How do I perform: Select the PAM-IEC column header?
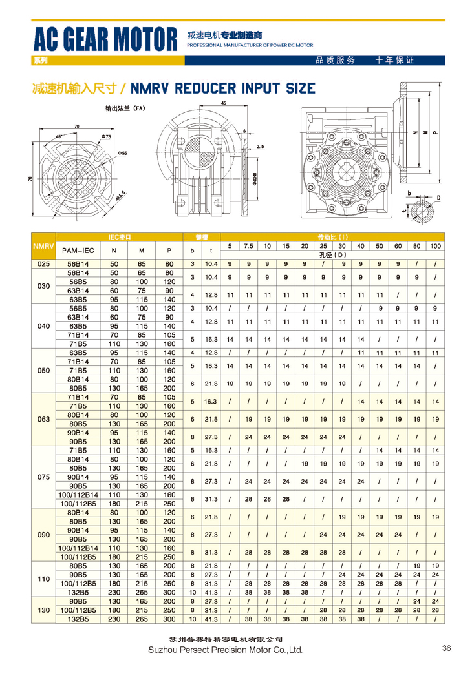[77, 250]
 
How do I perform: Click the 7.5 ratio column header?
[248, 246]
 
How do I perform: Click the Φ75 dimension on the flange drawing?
[105, 137]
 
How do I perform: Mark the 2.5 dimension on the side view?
[259, 147]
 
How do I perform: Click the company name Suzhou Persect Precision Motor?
[225, 650]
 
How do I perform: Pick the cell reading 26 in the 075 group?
[248, 498]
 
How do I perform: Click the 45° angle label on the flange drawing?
[59, 137]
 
